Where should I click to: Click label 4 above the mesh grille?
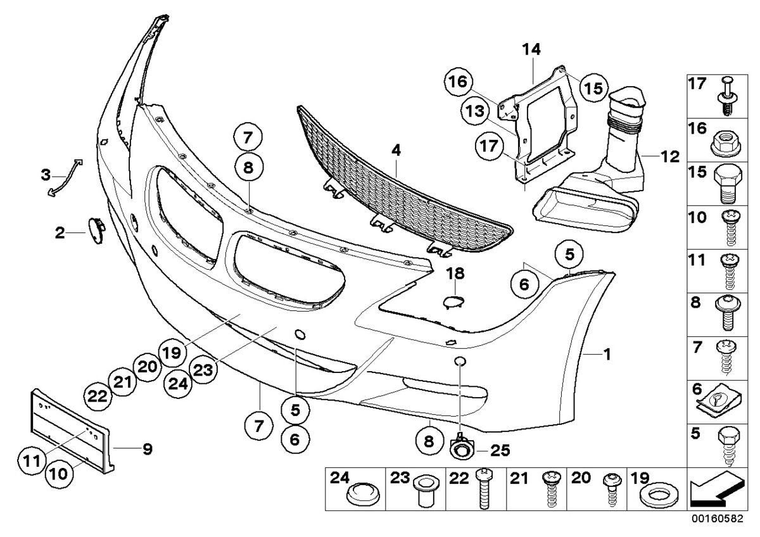coord(396,151)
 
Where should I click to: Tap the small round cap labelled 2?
coord(96,227)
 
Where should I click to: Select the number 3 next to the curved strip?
coord(46,174)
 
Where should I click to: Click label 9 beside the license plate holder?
coord(147,450)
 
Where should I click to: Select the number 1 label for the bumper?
coord(606,356)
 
